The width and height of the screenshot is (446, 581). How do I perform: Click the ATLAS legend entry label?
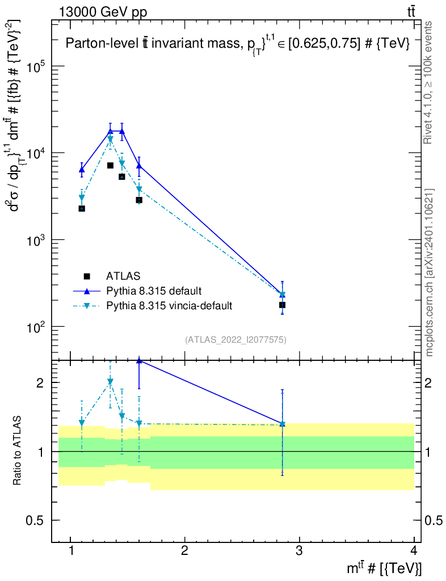[123, 276]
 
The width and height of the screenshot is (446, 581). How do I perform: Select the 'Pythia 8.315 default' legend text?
[154, 291]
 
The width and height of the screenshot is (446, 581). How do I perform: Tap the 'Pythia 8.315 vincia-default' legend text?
[169, 306]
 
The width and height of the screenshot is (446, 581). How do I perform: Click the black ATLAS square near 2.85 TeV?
[282, 305]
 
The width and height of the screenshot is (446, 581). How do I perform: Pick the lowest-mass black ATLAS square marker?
[82, 209]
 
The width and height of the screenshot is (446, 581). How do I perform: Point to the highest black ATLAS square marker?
[111, 165]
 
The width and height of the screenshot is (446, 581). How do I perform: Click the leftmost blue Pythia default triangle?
[82, 170]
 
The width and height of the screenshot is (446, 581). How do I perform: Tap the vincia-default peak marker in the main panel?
[111, 140]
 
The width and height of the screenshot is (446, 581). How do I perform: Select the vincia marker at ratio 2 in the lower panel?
[111, 382]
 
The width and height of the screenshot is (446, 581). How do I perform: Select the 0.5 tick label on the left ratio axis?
[35, 520]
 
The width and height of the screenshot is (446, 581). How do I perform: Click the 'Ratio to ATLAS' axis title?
[17, 451]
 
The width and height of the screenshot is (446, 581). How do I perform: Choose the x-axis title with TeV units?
[384, 567]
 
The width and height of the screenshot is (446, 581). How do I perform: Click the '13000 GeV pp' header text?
[103, 12]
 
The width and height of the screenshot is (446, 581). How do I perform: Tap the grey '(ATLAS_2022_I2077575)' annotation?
[235, 340]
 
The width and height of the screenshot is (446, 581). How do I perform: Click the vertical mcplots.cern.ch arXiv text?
[429, 273]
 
